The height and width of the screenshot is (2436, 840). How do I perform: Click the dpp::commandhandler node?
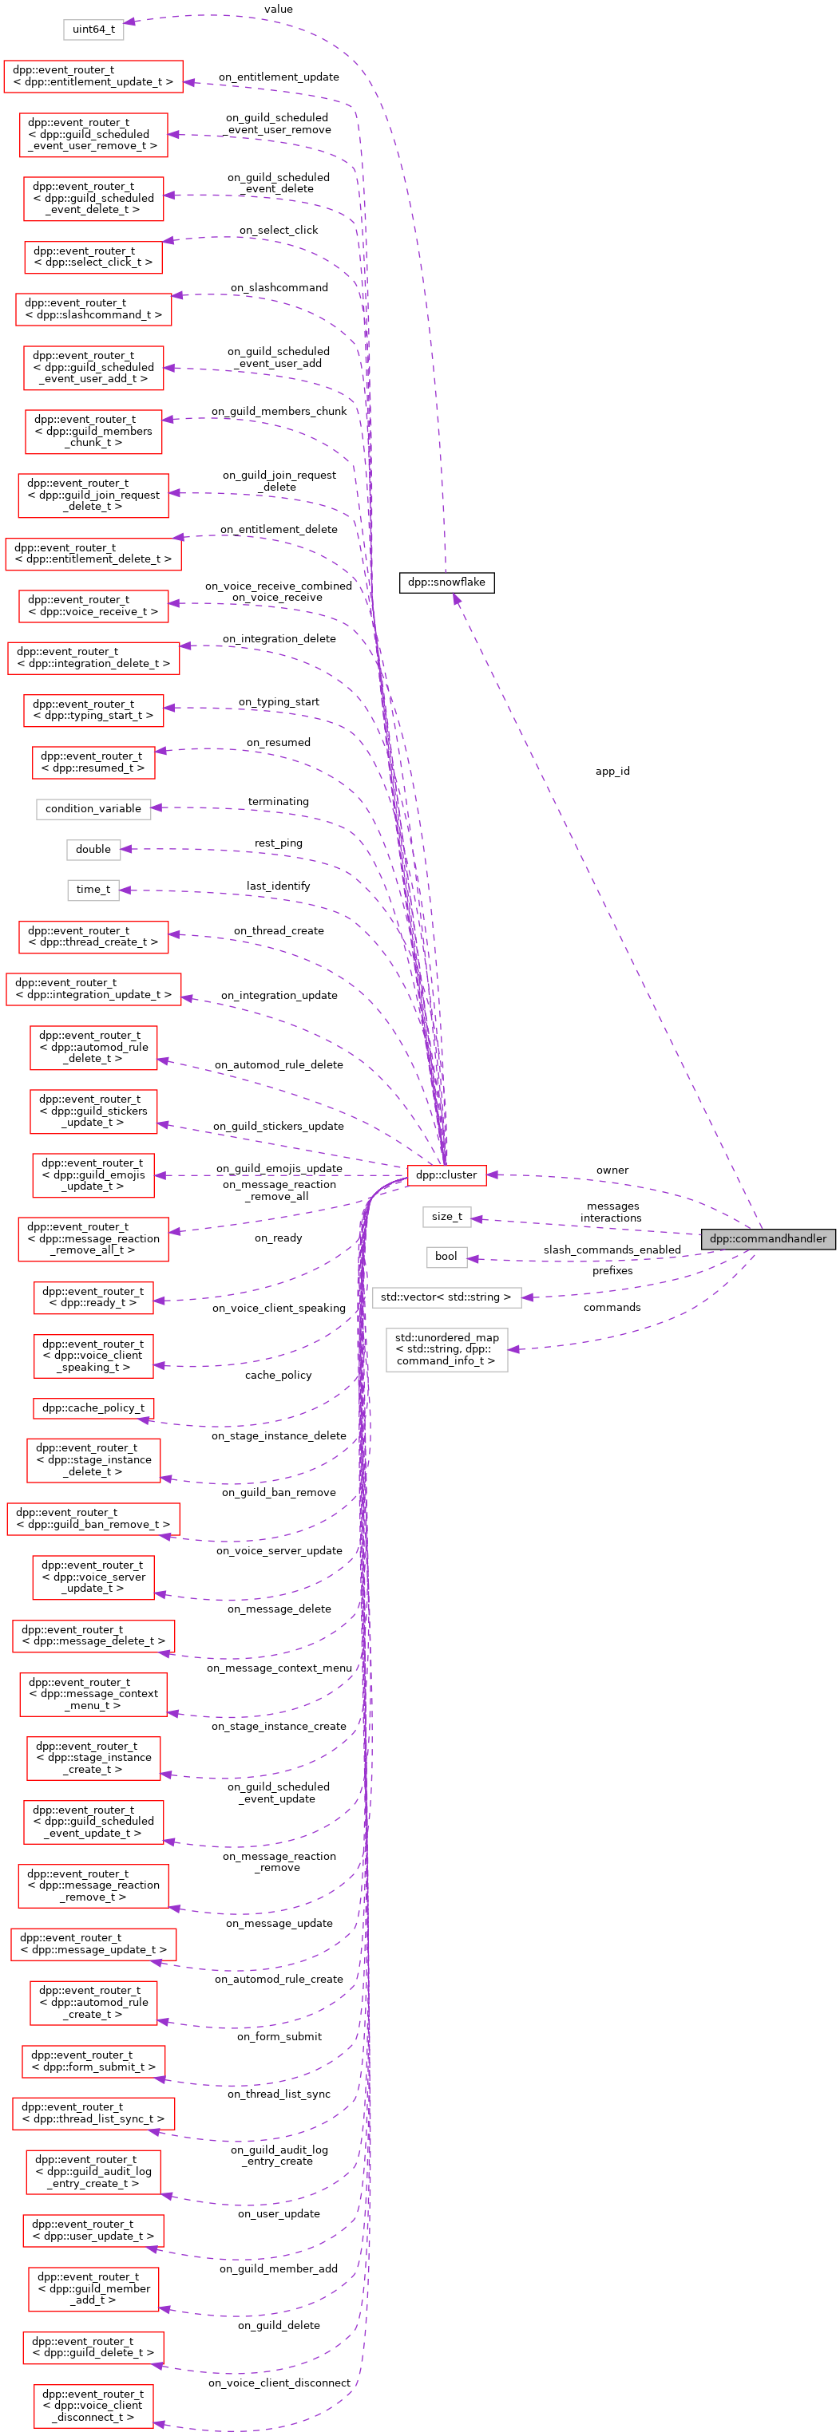point(767,1239)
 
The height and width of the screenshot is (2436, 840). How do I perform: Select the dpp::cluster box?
point(446,1175)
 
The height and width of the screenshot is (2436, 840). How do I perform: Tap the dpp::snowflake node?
point(446,582)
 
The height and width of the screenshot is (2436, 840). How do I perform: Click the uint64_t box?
point(93,30)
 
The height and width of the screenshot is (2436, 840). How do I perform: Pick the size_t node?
point(446,1216)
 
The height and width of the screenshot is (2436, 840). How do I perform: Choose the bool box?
point(446,1256)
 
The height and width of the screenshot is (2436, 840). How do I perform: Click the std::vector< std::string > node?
point(446,1297)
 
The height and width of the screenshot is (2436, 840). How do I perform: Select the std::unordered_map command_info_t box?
point(446,1348)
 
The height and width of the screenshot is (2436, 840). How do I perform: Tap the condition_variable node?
point(93,808)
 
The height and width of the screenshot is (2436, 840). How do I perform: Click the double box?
point(93,849)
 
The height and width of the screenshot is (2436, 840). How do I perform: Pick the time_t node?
point(93,889)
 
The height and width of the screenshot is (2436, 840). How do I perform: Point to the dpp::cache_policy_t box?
point(93,1408)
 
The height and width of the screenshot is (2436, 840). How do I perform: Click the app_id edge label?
point(612,772)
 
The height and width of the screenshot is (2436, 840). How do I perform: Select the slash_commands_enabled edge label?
point(611,1250)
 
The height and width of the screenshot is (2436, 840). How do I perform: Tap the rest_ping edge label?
point(278,843)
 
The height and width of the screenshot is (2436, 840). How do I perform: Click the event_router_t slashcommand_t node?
point(93,310)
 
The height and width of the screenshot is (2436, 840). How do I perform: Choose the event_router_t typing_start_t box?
point(93,710)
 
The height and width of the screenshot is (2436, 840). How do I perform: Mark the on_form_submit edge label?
point(278,2036)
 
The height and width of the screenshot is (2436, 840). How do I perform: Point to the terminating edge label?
point(278,801)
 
